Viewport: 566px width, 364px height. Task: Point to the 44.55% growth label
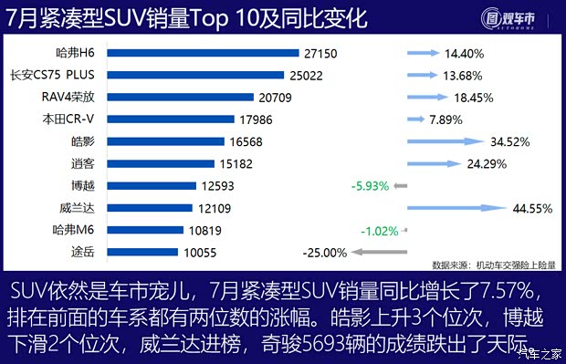534,208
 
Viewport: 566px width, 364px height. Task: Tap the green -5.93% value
370,186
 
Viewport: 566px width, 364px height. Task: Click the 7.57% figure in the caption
518,292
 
